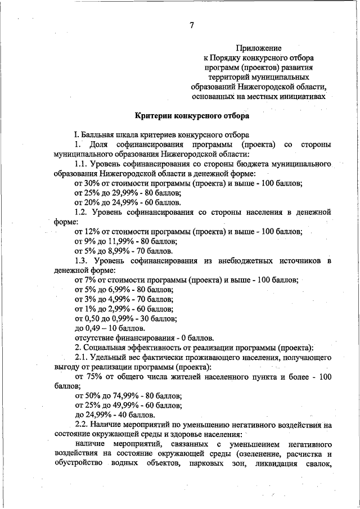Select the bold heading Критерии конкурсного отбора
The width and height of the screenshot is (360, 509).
(x=191, y=116)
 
